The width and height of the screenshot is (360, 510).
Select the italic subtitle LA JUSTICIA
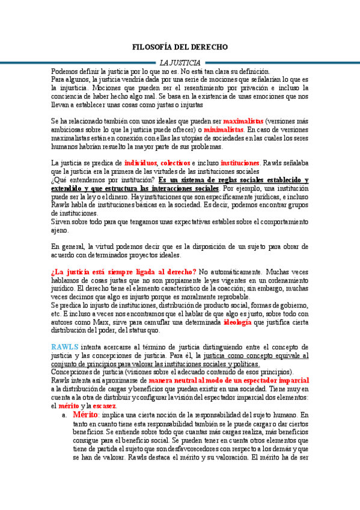[180, 63]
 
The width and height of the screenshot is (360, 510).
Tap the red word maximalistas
[239, 120]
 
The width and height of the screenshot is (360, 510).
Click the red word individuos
[141, 163]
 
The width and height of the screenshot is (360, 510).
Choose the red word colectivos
[175, 163]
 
